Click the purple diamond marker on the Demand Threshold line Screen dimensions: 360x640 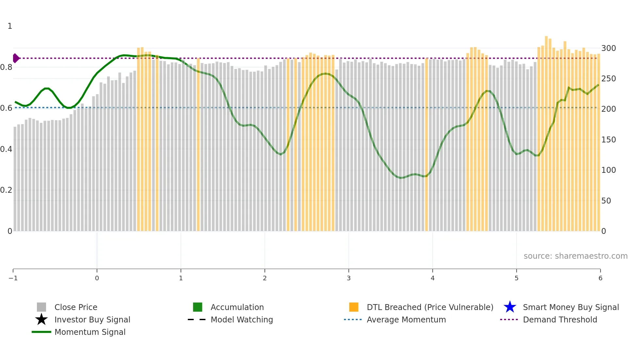pos(16,58)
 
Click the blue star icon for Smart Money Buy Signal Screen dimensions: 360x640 pos(510,307)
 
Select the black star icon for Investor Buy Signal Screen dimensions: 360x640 pos(41,319)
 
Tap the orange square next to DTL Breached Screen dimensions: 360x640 pos(354,307)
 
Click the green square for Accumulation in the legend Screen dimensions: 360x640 pos(198,307)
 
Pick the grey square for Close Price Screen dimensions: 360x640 pos(41,307)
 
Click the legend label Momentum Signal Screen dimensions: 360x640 pos(90,332)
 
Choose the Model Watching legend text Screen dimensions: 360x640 pos(242,319)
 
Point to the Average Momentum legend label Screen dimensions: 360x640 pos(406,319)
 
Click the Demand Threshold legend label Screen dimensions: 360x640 pos(560,319)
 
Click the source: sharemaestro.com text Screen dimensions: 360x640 pos(575,256)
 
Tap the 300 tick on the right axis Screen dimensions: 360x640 pos(608,48)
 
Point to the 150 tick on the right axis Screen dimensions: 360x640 pos(608,140)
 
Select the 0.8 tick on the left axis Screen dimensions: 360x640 pos(6,67)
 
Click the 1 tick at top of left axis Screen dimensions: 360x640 pos(10,26)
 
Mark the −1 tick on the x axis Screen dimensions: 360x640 pos(13,278)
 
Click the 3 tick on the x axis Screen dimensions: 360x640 pos(349,278)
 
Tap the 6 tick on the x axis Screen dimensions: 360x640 pos(600,278)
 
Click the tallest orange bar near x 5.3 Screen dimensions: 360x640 pos(546,131)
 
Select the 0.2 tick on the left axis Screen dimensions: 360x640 pos(6,190)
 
